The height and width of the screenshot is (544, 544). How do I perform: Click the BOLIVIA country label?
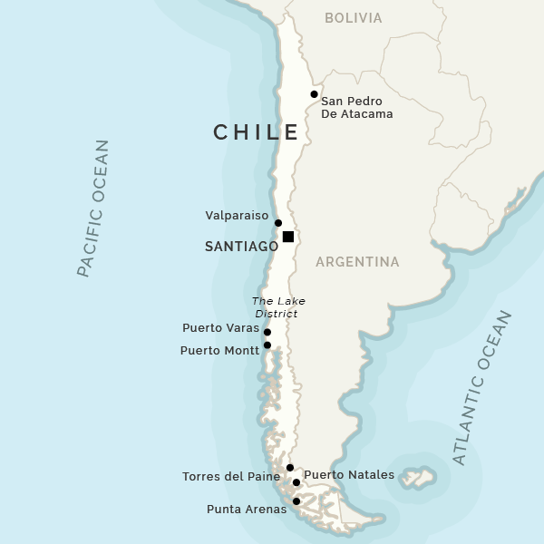(x=354, y=18)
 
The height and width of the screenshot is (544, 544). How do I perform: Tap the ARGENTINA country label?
(x=357, y=262)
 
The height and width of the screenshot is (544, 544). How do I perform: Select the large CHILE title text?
(x=257, y=132)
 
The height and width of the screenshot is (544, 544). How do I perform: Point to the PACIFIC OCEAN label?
(x=92, y=208)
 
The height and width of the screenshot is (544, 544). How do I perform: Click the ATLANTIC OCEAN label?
(x=482, y=387)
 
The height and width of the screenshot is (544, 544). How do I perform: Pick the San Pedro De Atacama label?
(x=357, y=108)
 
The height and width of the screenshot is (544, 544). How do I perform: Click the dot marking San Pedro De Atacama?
(x=314, y=94)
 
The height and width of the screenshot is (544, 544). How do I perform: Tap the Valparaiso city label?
(x=238, y=216)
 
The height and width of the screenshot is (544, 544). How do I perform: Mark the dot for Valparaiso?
(x=278, y=223)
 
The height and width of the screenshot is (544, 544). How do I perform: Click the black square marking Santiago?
(x=288, y=237)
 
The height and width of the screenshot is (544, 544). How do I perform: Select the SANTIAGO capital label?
(x=241, y=246)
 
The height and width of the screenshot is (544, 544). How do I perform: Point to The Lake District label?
(x=279, y=307)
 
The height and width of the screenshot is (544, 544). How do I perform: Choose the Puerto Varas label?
(x=220, y=328)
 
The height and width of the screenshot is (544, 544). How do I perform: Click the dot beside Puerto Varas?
(x=267, y=333)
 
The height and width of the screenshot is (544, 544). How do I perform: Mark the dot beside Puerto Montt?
(x=267, y=345)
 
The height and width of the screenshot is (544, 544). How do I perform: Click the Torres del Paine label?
(x=231, y=477)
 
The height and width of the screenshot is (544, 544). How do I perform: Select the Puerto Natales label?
(x=349, y=475)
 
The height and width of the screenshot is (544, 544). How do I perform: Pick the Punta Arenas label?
(x=247, y=510)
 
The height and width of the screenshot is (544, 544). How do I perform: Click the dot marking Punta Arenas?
(x=296, y=501)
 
